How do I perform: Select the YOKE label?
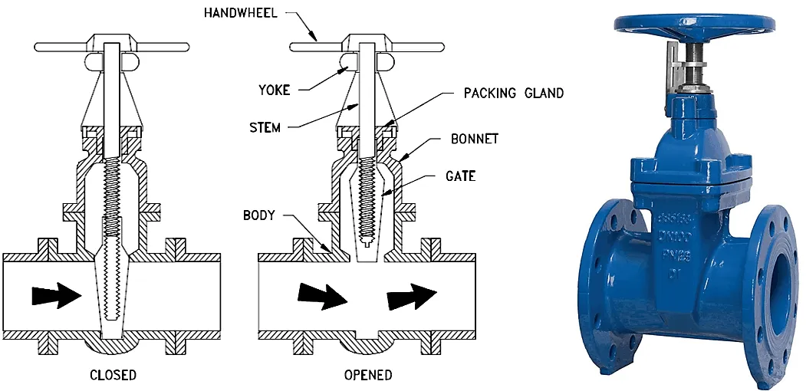click(273, 90)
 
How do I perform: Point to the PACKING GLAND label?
click(513, 93)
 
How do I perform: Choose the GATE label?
click(460, 176)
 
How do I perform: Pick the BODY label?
click(258, 215)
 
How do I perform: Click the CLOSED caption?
click(113, 375)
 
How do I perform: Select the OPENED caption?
click(368, 375)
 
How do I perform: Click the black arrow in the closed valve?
click(57, 294)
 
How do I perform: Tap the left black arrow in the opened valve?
click(322, 295)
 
